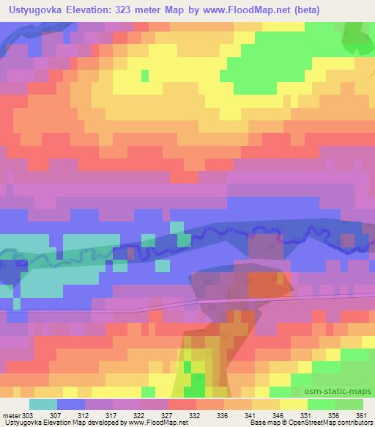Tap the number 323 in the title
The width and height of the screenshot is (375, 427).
click(130, 10)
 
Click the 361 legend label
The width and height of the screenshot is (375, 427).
click(360, 415)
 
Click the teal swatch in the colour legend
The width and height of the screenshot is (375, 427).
click(43, 404)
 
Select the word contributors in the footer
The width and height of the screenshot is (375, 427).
click(352, 423)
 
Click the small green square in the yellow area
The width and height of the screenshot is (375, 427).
click(145, 75)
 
